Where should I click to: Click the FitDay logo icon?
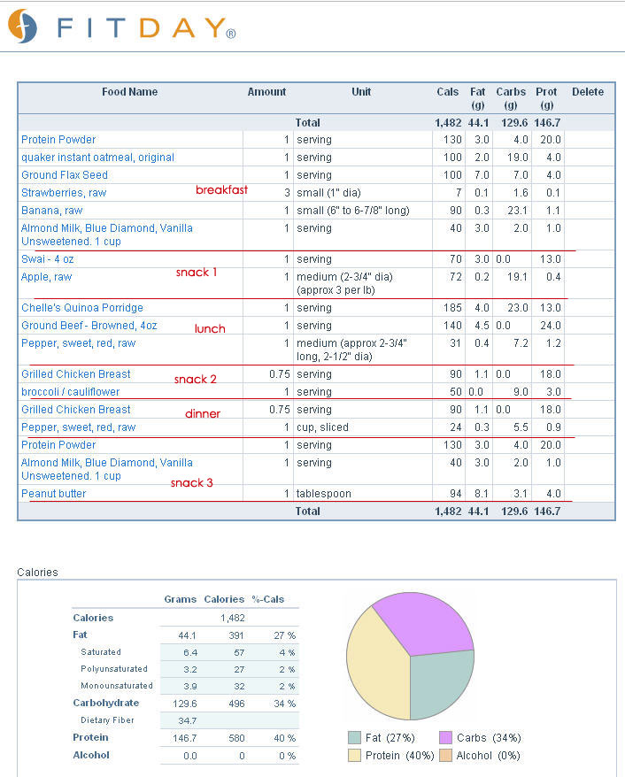pyautogui.click(x=23, y=26)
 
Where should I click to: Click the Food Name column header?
pyautogui.click(x=130, y=92)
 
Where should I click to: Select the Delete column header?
pyautogui.click(x=588, y=92)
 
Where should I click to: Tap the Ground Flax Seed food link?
pyautogui.click(x=65, y=175)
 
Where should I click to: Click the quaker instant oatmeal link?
pyautogui.click(x=97, y=158)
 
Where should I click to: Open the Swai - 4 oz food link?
pyautogui.click(x=48, y=259)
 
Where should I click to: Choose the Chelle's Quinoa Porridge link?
pyautogui.click(x=82, y=308)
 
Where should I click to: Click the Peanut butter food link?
pyautogui.click(x=53, y=494)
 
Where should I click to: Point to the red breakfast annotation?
pyautogui.click(x=221, y=189)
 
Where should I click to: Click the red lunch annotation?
pyautogui.click(x=210, y=328)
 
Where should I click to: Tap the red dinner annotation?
pyautogui.click(x=203, y=414)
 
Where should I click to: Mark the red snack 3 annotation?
pyautogui.click(x=192, y=482)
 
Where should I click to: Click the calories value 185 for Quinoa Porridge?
pyautogui.click(x=452, y=308)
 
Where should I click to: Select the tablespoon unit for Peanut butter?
pyautogui.click(x=324, y=494)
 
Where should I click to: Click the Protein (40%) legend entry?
pyautogui.click(x=391, y=755)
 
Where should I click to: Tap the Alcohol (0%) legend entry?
pyautogui.click(x=480, y=755)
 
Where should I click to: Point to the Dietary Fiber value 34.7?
pyautogui.click(x=188, y=720)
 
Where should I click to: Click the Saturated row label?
pyautogui.click(x=101, y=652)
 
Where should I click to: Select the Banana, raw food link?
pyautogui.click(x=51, y=211)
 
